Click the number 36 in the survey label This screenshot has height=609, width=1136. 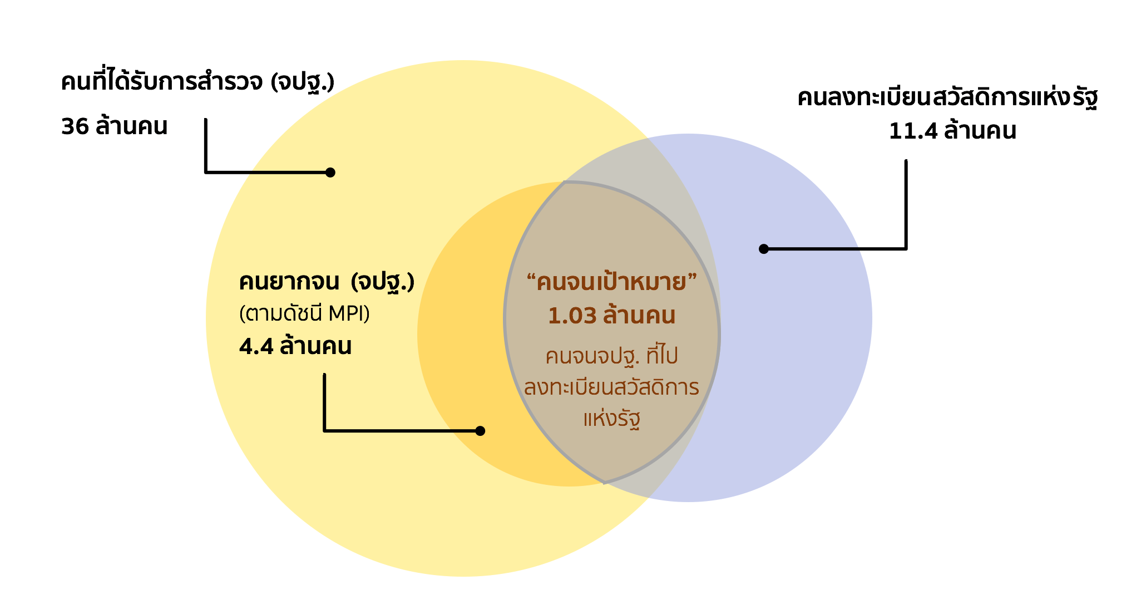(75, 126)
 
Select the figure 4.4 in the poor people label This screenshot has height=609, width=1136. (256, 346)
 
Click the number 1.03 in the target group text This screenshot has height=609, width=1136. (572, 316)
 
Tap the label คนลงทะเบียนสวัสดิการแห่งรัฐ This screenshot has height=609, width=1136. (947, 98)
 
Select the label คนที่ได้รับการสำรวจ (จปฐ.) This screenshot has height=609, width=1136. (198, 81)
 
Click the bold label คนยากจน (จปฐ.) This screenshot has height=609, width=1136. (327, 282)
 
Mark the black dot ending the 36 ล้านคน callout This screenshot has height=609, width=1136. (330, 173)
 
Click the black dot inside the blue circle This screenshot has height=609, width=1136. (764, 249)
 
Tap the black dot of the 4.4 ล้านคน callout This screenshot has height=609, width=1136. (481, 431)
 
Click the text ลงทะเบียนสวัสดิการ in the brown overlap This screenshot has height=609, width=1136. (611, 387)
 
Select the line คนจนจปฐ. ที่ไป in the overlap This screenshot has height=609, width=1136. (611, 356)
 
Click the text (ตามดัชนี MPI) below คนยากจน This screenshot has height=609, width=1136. (304, 314)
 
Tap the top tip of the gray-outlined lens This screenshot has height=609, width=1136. (565, 181)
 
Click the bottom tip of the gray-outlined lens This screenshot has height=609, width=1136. (605, 483)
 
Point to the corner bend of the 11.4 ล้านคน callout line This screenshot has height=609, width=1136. (906, 249)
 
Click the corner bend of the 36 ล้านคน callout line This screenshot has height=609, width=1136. (206, 173)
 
